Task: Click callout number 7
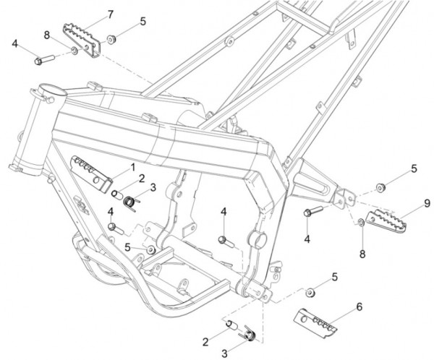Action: click(x=110, y=14)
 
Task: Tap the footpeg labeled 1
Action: click(x=93, y=169)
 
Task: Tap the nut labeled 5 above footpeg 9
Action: click(x=380, y=188)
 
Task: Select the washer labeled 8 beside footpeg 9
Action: click(x=361, y=221)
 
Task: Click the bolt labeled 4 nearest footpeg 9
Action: click(x=312, y=213)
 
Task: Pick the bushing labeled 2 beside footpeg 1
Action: click(x=116, y=194)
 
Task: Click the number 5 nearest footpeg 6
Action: click(x=334, y=277)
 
